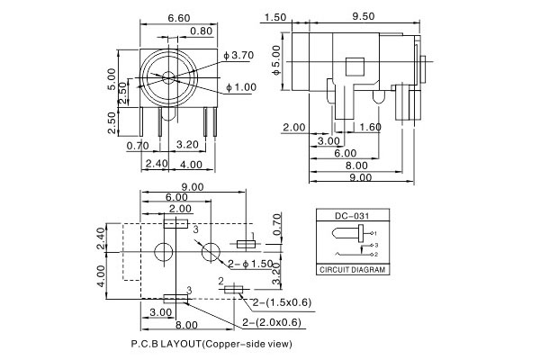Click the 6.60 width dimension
pyautogui.click(x=178, y=16)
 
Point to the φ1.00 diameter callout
pyautogui.click(x=243, y=87)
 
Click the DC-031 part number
pyautogui.click(x=353, y=215)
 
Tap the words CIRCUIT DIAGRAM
pyautogui.click(x=353, y=268)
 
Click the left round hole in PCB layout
pyautogui.click(x=164, y=253)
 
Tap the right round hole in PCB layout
pyautogui.click(x=211, y=253)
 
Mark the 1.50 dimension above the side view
pyautogui.click(x=277, y=16)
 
